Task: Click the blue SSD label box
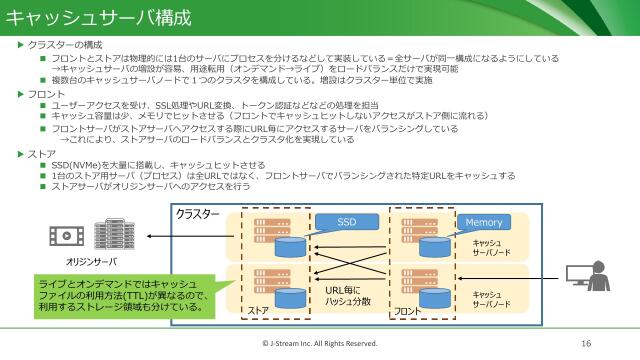345,221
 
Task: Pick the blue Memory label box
483,221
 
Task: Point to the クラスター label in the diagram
198,214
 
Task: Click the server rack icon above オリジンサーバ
113,234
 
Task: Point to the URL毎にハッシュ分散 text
348,296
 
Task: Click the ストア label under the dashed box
257,312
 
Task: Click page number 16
586,343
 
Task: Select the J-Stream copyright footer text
319,343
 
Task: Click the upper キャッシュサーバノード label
491,248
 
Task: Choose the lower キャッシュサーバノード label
491,300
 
